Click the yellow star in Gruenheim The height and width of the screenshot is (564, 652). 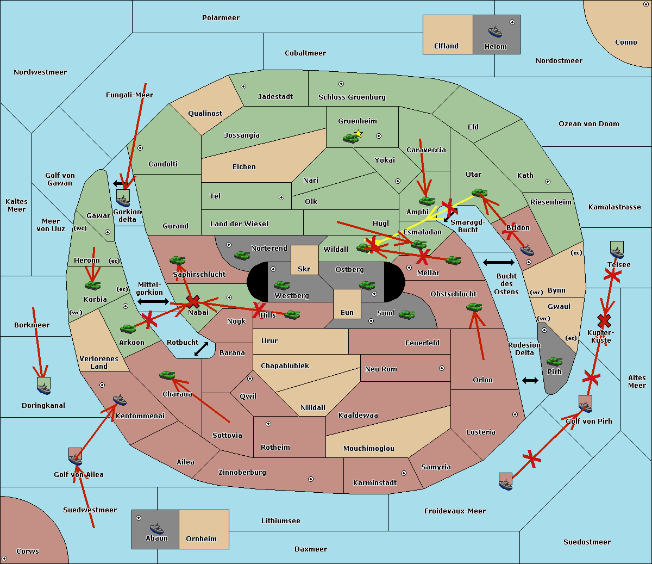coord(358,133)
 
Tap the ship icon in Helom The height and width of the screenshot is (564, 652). coord(494,30)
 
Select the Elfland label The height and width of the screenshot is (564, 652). coord(446,46)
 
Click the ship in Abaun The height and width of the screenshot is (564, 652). coord(156,528)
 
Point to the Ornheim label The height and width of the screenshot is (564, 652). coord(201,538)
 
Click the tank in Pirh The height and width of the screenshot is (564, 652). coord(554,362)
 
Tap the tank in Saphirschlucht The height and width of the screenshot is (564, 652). coord(178,261)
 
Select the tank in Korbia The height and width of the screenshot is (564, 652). coord(93,285)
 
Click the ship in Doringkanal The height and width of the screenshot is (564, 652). coord(43,386)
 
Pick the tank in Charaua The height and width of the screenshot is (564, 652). coord(167,375)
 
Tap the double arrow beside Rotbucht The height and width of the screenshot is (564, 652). coord(201,349)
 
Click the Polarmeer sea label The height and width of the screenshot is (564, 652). coord(221,18)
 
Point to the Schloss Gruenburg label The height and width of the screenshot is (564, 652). coord(352,97)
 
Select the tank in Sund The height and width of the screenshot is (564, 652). coord(407,314)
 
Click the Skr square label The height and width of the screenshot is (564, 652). coord(304,269)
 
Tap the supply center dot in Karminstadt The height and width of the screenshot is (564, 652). coord(404,473)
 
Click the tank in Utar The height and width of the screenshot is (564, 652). coord(479,193)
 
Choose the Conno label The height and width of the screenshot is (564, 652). coord(626,42)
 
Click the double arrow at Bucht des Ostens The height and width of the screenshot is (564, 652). coord(498,263)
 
